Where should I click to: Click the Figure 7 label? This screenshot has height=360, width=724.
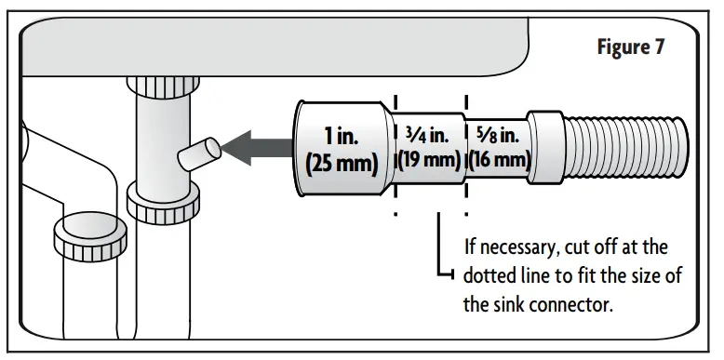(x=631, y=47)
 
